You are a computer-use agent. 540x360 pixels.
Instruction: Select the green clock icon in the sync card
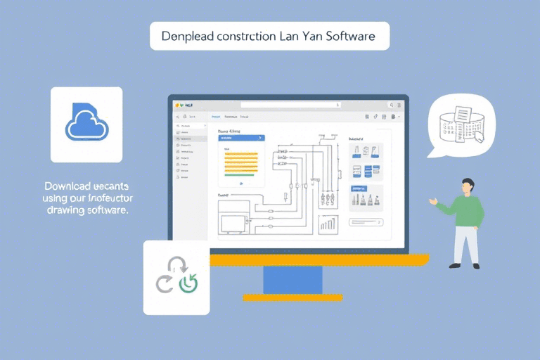188,283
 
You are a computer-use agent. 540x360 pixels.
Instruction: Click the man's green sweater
467,211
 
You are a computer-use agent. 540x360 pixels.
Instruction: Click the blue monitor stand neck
292,280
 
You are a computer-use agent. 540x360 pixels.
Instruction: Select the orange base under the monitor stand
292,297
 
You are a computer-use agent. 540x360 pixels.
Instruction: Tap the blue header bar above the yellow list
240,138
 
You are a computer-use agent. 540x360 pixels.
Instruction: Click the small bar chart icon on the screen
327,224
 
